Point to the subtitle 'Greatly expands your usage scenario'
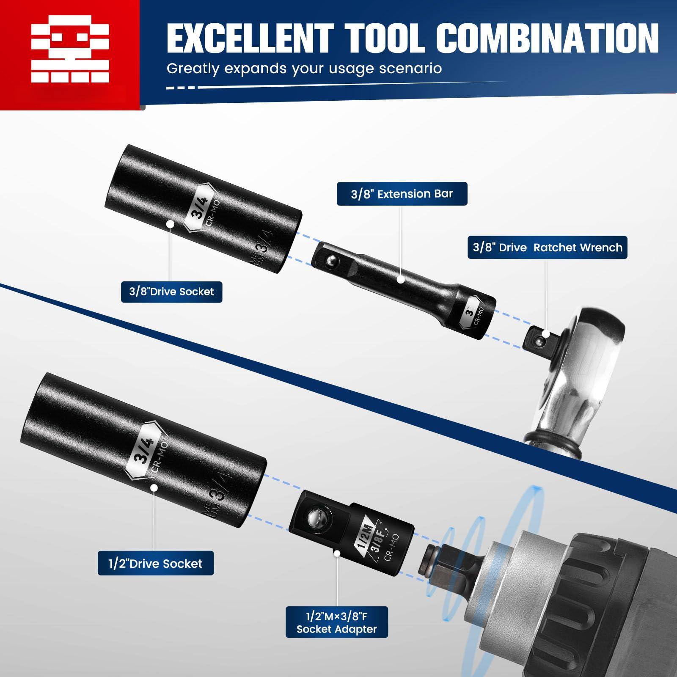tap(304, 68)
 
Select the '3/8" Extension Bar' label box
tap(402, 194)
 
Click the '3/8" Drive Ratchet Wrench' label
tap(547, 248)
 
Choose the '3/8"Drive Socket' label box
tap(171, 291)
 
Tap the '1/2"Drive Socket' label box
tap(156, 563)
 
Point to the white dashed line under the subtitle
tap(182, 88)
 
